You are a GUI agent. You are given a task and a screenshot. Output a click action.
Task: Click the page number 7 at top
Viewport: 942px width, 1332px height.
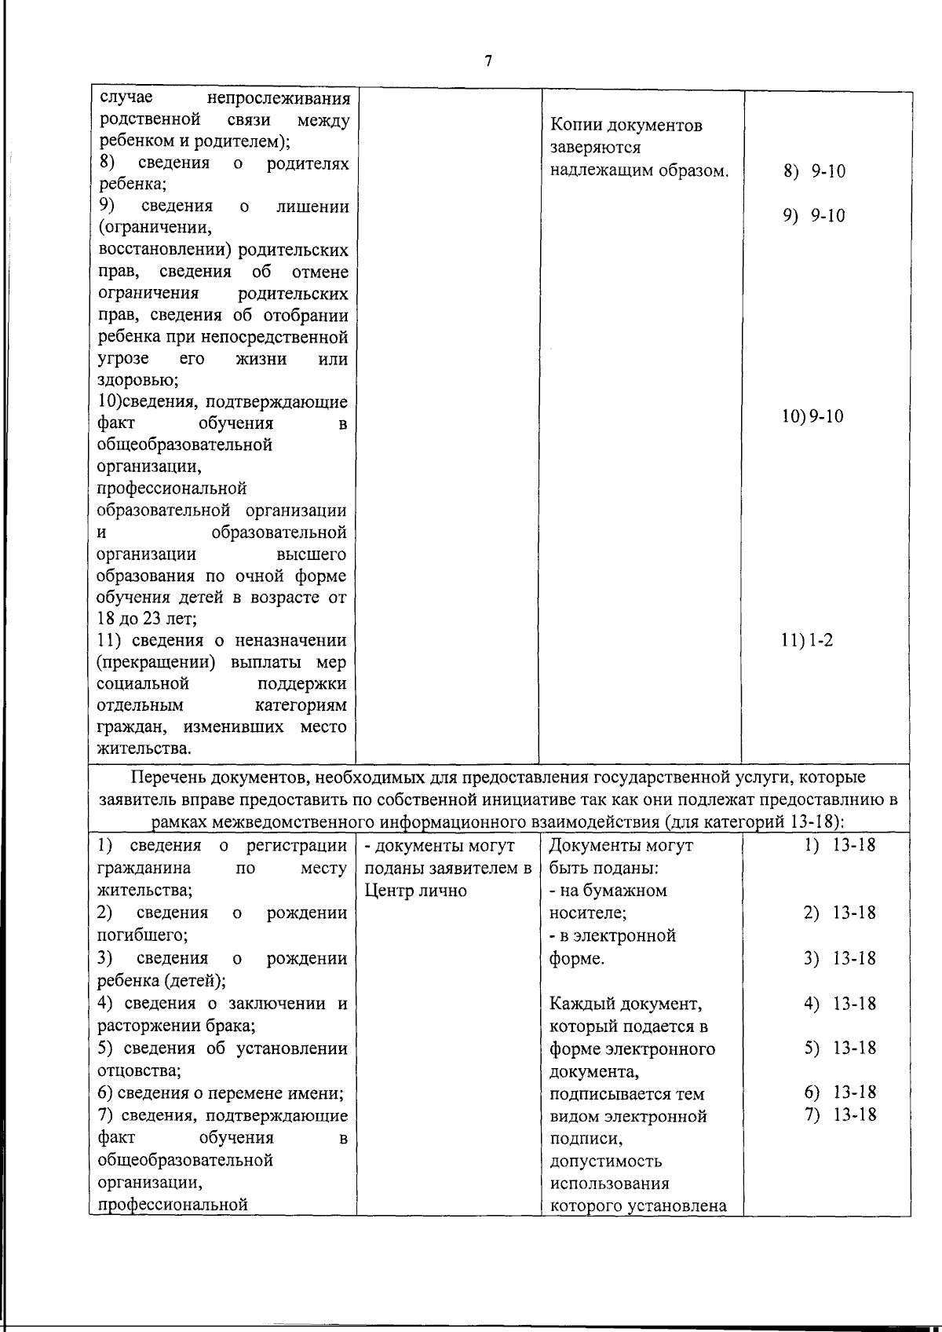488,62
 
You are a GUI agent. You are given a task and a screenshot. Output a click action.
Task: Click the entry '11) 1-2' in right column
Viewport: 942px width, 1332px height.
806,640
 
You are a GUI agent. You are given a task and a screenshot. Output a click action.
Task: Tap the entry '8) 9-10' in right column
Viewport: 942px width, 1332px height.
814,171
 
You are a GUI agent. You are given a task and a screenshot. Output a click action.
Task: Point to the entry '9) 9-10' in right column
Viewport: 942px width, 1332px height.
814,216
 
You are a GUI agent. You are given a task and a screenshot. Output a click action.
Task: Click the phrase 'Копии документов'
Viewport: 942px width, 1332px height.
626,126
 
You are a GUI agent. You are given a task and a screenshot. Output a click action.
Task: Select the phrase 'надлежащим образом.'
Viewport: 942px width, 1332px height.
639,170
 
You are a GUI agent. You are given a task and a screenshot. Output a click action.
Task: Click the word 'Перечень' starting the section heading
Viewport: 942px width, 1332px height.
166,778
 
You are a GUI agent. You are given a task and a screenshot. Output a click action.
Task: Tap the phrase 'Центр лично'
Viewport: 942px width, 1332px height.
415,891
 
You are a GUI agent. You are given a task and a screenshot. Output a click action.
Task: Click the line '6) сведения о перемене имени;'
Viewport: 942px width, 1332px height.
221,1093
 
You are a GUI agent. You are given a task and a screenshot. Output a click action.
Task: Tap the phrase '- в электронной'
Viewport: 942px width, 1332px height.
612,936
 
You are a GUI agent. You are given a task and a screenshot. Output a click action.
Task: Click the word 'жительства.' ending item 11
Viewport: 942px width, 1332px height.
144,749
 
